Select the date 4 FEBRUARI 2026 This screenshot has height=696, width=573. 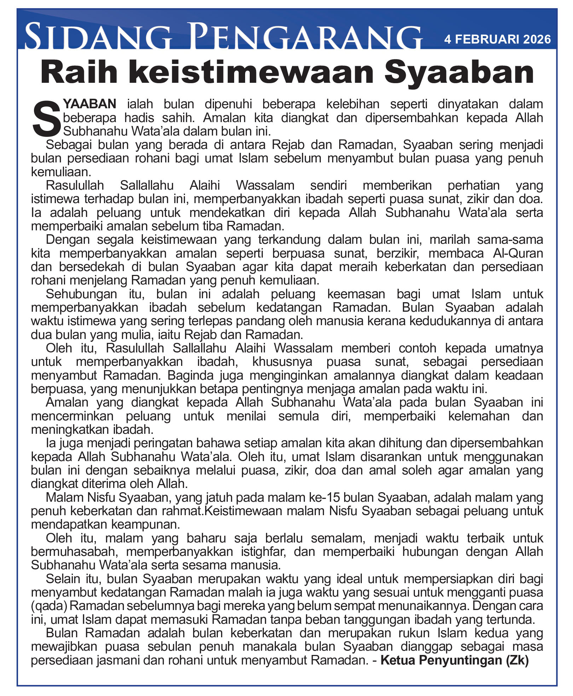click(497, 39)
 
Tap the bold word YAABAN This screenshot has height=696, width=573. click(90, 104)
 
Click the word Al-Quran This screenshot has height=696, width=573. click(518, 253)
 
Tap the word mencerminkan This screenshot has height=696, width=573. click(72, 416)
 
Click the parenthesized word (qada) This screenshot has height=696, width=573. click(49, 606)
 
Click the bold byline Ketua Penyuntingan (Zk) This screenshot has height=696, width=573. click(455, 660)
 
